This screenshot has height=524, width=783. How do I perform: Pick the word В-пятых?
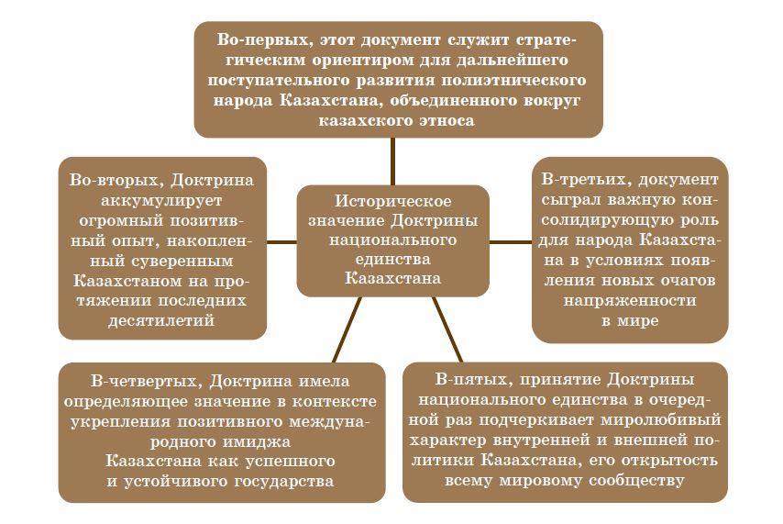(466, 380)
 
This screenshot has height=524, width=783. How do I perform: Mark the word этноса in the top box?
(444, 120)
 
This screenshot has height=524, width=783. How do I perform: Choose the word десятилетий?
(162, 320)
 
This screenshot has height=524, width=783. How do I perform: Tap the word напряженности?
(629, 300)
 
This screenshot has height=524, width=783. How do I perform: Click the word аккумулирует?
(162, 199)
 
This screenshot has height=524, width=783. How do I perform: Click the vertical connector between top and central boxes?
(392, 161)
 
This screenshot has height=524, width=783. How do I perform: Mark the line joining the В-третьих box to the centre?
(511, 241)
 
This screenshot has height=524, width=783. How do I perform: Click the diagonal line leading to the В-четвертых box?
(347, 330)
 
